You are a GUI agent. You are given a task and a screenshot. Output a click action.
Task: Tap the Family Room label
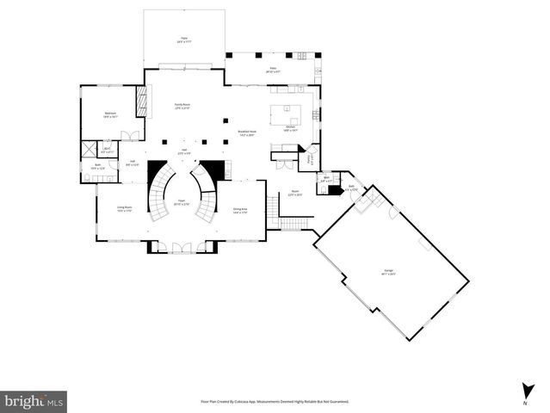[182, 105]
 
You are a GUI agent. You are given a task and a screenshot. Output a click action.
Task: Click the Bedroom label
[111, 114]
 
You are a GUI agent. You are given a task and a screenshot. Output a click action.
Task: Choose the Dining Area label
[240, 210]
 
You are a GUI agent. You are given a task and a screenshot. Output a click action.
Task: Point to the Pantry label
[310, 158]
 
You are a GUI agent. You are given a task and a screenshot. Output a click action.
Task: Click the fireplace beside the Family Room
[141, 102]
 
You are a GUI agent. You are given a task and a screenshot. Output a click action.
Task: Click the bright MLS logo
[34, 401]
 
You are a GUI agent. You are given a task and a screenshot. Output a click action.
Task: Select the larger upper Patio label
[183, 40]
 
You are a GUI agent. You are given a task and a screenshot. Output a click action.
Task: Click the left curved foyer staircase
[158, 191]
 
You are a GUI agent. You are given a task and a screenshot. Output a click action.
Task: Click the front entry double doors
[182, 248]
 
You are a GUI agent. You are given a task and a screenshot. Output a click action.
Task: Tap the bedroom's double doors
[129, 136]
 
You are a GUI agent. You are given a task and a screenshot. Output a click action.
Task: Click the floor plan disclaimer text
[275, 401]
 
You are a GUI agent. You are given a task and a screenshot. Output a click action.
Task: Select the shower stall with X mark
[88, 148]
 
